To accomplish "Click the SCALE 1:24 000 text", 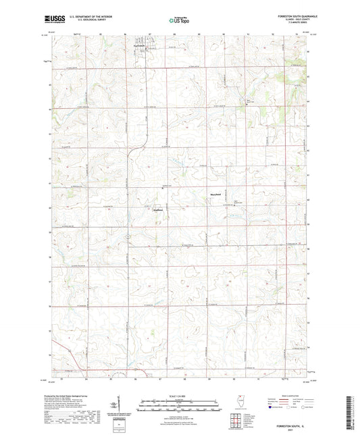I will pyautogui.click(x=179, y=395).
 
